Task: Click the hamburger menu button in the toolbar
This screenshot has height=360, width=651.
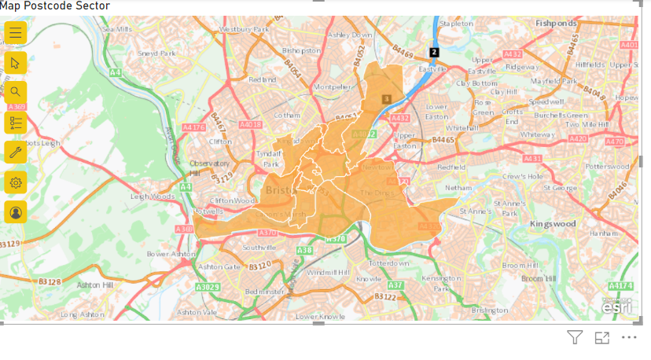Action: click(x=16, y=33)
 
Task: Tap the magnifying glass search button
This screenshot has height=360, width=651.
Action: click(x=16, y=92)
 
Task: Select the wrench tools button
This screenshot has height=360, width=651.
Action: click(x=16, y=152)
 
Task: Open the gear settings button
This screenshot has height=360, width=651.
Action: click(x=16, y=182)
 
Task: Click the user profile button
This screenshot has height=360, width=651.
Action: click(x=16, y=212)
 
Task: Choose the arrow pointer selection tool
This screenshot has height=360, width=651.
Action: click(x=16, y=63)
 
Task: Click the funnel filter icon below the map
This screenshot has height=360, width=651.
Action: click(x=575, y=338)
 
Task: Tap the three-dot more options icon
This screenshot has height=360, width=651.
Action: click(x=628, y=338)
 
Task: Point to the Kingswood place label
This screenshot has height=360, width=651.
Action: click(x=553, y=224)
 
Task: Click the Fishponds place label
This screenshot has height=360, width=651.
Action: click(x=557, y=24)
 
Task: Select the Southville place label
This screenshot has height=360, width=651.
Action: click(x=259, y=247)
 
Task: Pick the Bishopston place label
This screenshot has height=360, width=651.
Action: click(x=301, y=50)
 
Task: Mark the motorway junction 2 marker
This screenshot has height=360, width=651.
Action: click(x=432, y=53)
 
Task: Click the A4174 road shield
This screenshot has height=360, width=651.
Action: click(x=620, y=285)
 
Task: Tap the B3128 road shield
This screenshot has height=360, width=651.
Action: click(x=50, y=281)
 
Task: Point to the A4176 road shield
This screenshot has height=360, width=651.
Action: click(x=193, y=127)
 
